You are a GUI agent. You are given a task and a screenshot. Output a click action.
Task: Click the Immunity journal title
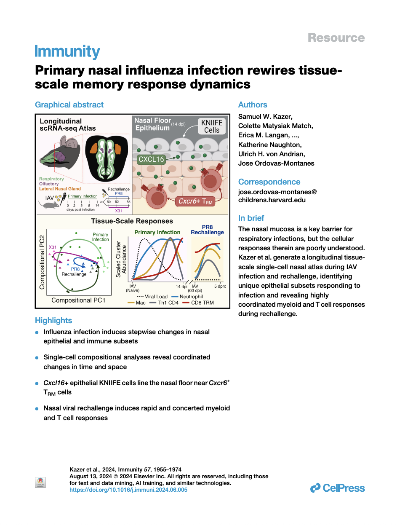tap(67, 51)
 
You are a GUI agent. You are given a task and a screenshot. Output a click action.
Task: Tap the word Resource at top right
tap(336, 38)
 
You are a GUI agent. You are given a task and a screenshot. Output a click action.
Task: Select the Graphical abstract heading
tap(69, 105)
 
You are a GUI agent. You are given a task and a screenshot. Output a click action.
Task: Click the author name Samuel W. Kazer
tap(265, 117)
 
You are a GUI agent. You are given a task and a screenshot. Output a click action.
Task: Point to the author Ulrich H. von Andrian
tap(272, 154)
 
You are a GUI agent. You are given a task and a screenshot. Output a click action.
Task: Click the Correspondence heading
tap(269, 182)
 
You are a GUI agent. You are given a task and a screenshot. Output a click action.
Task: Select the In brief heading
tap(251, 218)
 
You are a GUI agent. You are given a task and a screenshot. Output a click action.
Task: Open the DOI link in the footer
tap(128, 490)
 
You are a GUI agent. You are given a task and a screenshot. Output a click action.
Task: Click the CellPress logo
tap(338, 488)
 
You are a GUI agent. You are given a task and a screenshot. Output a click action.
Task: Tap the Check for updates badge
tap(40, 482)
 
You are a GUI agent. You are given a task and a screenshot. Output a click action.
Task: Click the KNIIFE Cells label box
tap(212, 126)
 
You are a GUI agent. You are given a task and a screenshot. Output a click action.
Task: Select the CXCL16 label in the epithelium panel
tap(151, 159)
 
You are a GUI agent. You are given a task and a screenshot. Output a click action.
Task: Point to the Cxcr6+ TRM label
tap(195, 201)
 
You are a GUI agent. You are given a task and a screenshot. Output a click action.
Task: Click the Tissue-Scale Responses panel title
tap(132, 221)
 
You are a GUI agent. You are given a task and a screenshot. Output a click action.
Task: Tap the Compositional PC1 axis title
tap(78, 300)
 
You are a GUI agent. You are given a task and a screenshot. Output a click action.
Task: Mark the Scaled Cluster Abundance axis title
tap(121, 259)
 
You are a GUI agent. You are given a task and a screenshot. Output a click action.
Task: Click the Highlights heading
tap(53, 321)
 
